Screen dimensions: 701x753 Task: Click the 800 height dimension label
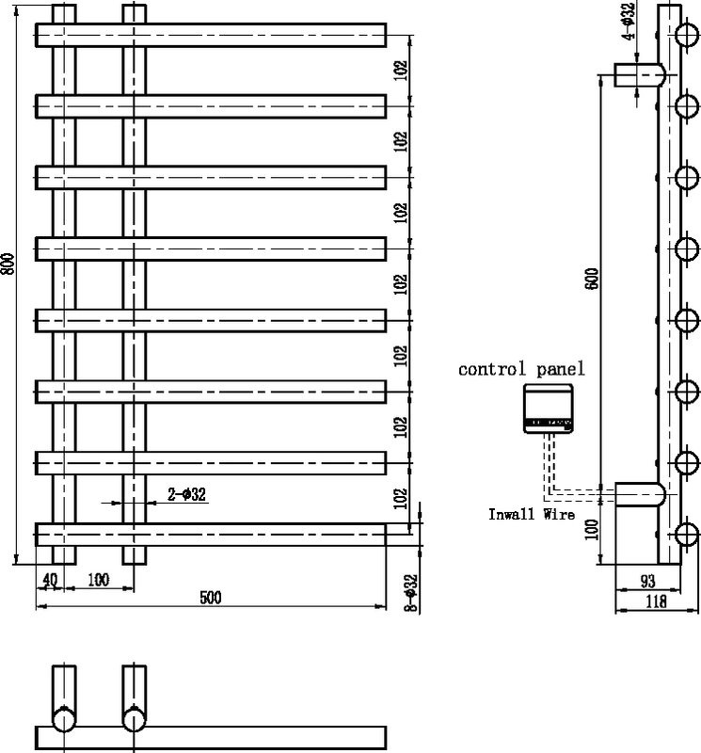click(x=8, y=264)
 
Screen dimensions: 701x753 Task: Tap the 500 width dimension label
click(x=211, y=598)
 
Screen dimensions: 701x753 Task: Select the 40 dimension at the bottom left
click(x=50, y=580)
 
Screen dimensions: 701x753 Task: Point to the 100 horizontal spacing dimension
click(x=99, y=580)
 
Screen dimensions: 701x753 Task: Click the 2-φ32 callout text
click(x=186, y=494)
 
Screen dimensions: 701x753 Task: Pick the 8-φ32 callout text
click(x=411, y=594)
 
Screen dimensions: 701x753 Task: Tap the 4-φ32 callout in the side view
click(x=629, y=21)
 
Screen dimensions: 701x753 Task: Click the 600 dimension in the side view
click(x=592, y=279)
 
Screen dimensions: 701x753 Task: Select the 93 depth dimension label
click(x=647, y=581)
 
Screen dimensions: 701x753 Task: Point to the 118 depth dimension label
click(x=657, y=601)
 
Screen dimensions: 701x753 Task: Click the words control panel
click(x=522, y=369)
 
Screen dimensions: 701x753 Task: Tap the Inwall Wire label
click(x=532, y=514)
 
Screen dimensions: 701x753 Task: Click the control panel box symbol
click(x=548, y=409)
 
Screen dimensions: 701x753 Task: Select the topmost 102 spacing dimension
click(x=401, y=70)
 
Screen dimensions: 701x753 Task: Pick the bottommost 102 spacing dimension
click(x=401, y=499)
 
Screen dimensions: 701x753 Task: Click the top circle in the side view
click(x=687, y=35)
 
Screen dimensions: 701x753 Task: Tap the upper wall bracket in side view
click(x=640, y=75)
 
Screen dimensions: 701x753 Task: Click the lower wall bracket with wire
click(x=640, y=495)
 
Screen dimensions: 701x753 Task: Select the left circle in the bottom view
click(x=64, y=720)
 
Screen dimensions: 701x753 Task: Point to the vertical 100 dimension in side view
click(x=592, y=530)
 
